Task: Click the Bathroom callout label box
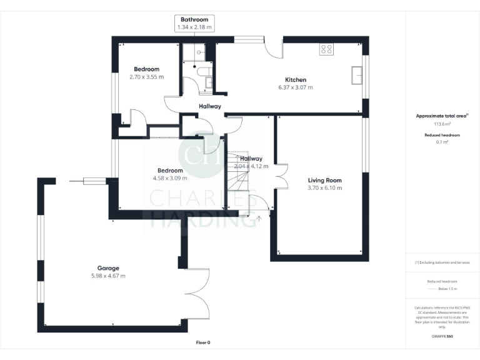point(194,24)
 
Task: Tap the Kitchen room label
point(296,80)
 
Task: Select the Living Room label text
point(324,181)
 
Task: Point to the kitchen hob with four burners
point(326,49)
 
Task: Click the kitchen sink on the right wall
point(357,74)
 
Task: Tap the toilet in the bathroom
point(202,71)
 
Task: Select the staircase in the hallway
point(237,181)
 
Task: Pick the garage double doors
point(196,291)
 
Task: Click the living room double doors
point(281,176)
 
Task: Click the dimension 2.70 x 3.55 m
point(146,77)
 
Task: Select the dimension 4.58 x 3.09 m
point(170,178)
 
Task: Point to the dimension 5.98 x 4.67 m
point(108,276)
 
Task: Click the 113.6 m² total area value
point(442,124)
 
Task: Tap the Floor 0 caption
point(203,342)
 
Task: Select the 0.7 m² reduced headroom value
point(442,142)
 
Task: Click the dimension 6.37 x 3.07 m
point(296,87)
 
